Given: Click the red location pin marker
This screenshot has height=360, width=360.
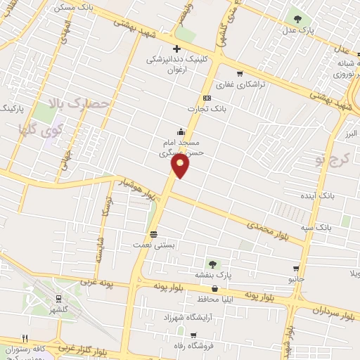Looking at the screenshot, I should [181, 166].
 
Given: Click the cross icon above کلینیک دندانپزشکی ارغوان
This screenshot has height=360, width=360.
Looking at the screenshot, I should [176, 49].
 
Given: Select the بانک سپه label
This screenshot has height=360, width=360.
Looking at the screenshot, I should [331, 228].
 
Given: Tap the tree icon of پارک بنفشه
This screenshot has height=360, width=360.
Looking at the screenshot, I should [212, 264].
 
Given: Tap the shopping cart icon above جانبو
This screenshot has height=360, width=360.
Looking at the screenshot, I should [296, 269].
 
